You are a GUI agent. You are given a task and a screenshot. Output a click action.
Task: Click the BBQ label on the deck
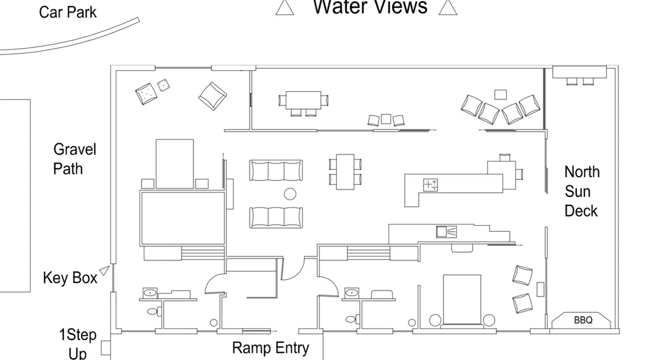tap(583, 320)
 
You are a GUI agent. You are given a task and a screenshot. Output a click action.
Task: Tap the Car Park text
tap(68, 12)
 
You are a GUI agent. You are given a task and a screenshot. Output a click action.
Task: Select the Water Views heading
tap(370, 6)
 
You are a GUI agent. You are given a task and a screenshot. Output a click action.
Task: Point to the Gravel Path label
tap(75, 159)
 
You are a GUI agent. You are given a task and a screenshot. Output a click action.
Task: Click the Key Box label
tap(70, 278)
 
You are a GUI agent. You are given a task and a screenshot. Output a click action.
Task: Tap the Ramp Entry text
tap(271, 348)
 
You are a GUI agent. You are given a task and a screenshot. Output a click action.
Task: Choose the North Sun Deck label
tap(582, 192)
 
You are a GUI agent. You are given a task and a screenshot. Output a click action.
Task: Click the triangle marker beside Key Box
tap(105, 270)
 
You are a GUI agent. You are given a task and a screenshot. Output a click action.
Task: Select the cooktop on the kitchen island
tap(430, 185)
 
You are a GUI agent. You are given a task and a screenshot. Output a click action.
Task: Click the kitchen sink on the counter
tap(446, 231)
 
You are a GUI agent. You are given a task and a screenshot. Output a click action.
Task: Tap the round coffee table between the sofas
tap(290, 194)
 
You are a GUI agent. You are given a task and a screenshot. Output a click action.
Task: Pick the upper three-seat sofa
tap(276, 170)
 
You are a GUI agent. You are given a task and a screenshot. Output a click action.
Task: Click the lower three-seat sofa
tap(276, 217)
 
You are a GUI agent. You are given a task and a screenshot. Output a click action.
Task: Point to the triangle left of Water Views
tap(285, 7)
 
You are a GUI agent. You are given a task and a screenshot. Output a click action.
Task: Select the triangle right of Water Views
tap(448, 7)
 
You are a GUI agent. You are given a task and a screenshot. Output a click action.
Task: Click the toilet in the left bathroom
tap(154, 311)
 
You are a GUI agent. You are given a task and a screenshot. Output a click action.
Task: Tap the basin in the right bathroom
tap(352, 293)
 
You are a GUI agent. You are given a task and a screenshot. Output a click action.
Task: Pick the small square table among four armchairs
tap(500, 94)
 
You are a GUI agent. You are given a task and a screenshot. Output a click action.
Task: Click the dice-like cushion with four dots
tap(163, 85)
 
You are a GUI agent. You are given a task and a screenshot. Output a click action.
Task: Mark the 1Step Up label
tap(77, 344)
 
